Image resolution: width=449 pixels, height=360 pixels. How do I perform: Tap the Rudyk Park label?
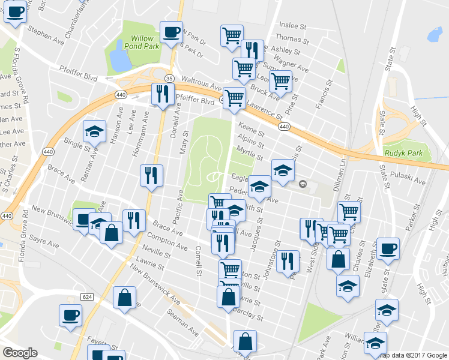click(x=405, y=153)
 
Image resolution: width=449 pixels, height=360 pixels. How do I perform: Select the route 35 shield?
click(x=170, y=79)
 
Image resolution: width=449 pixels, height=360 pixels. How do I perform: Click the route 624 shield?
click(x=86, y=297)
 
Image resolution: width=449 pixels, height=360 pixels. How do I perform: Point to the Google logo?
click(x=20, y=353)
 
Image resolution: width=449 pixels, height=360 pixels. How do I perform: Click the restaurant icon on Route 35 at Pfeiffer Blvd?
click(x=162, y=94)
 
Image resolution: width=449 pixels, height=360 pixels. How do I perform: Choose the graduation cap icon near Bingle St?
click(x=94, y=131)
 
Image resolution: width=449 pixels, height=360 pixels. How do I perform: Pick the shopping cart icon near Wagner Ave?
click(x=280, y=80)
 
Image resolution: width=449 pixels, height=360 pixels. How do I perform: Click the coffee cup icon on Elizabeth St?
click(x=388, y=248)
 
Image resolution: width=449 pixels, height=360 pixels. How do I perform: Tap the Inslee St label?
click(x=294, y=26)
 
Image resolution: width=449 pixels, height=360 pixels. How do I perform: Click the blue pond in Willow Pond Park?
click(x=119, y=59)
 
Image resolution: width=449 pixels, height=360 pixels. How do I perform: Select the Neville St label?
click(x=157, y=251)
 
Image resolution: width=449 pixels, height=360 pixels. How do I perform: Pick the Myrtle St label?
click(x=250, y=152)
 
